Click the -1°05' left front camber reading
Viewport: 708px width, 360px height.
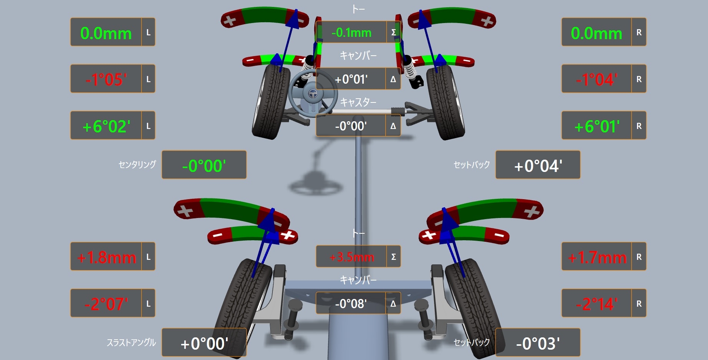coord(106,79)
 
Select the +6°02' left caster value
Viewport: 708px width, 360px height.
coord(106,126)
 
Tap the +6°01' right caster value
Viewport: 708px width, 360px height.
coord(597,126)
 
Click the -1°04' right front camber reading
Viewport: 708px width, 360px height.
coord(597,79)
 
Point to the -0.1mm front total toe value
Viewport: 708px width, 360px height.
coord(352,33)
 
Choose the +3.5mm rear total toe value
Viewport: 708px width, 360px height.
coord(352,257)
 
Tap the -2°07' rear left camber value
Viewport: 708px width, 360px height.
coord(106,304)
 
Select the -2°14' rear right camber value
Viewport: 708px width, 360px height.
coord(597,304)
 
